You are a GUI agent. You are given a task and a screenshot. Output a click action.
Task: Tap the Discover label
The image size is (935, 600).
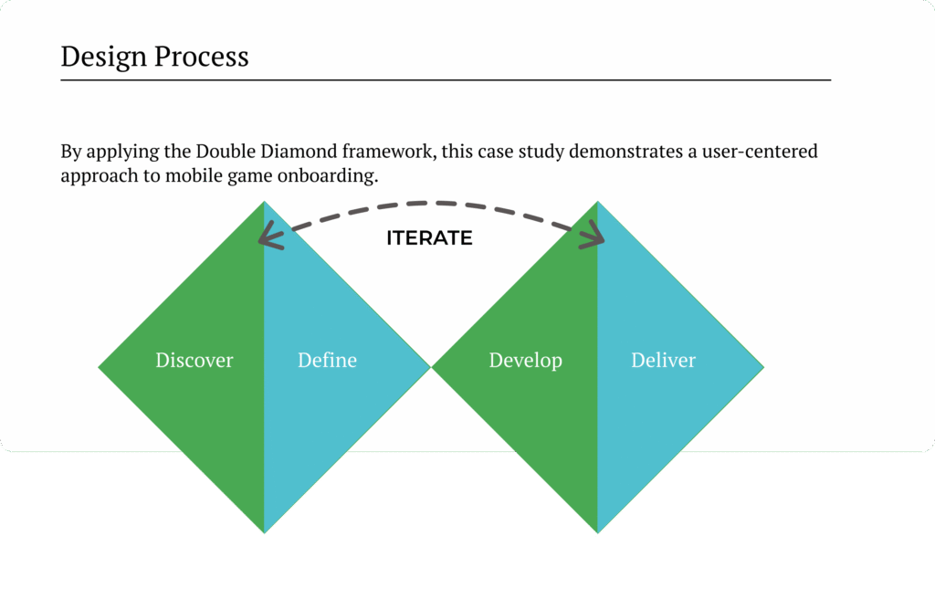tap(194, 360)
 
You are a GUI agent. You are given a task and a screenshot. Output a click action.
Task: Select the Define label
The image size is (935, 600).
tap(327, 360)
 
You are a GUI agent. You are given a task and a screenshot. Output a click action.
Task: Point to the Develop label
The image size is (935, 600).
tap(525, 360)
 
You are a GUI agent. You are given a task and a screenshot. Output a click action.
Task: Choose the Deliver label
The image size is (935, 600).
tap(663, 360)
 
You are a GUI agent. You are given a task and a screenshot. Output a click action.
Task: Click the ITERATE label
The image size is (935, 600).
tap(429, 238)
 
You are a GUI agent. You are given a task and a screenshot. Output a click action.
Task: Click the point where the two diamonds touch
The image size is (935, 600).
tap(431, 368)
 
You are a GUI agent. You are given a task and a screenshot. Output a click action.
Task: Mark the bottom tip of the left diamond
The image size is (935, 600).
tap(264, 532)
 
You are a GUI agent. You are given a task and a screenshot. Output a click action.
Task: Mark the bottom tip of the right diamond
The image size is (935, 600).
tap(597, 532)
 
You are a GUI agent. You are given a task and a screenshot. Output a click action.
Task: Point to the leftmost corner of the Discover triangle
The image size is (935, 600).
tap(100, 368)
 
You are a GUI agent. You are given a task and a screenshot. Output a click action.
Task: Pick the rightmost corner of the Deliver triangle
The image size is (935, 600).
tap(763, 368)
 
